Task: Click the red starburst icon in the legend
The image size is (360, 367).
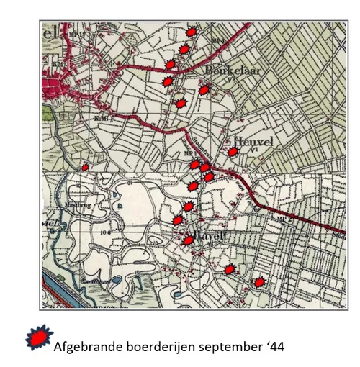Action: click(39, 337)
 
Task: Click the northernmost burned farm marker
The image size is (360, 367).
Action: click(192, 32)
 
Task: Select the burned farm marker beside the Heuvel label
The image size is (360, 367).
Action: click(233, 152)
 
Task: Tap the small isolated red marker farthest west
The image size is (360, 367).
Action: click(85, 167)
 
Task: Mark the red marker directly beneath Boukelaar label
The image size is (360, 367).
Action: click(204, 89)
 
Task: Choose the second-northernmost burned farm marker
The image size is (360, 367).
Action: click(184, 48)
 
